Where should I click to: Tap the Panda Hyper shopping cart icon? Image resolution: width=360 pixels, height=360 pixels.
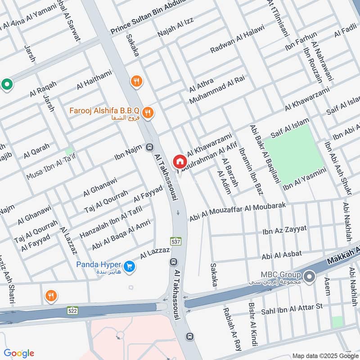point(130,267)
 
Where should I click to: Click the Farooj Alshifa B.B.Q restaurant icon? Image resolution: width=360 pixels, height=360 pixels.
point(147,112)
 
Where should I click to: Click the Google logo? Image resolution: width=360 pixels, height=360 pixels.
point(19,353)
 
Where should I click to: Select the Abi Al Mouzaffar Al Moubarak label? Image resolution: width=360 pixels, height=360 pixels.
point(245,211)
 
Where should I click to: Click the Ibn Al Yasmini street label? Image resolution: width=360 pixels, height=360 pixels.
point(304,180)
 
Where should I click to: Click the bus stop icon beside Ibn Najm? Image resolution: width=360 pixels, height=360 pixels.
point(149,147)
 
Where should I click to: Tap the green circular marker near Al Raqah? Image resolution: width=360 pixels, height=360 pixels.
point(7,84)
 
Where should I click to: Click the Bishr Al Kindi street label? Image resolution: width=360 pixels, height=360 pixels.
point(252,321)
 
